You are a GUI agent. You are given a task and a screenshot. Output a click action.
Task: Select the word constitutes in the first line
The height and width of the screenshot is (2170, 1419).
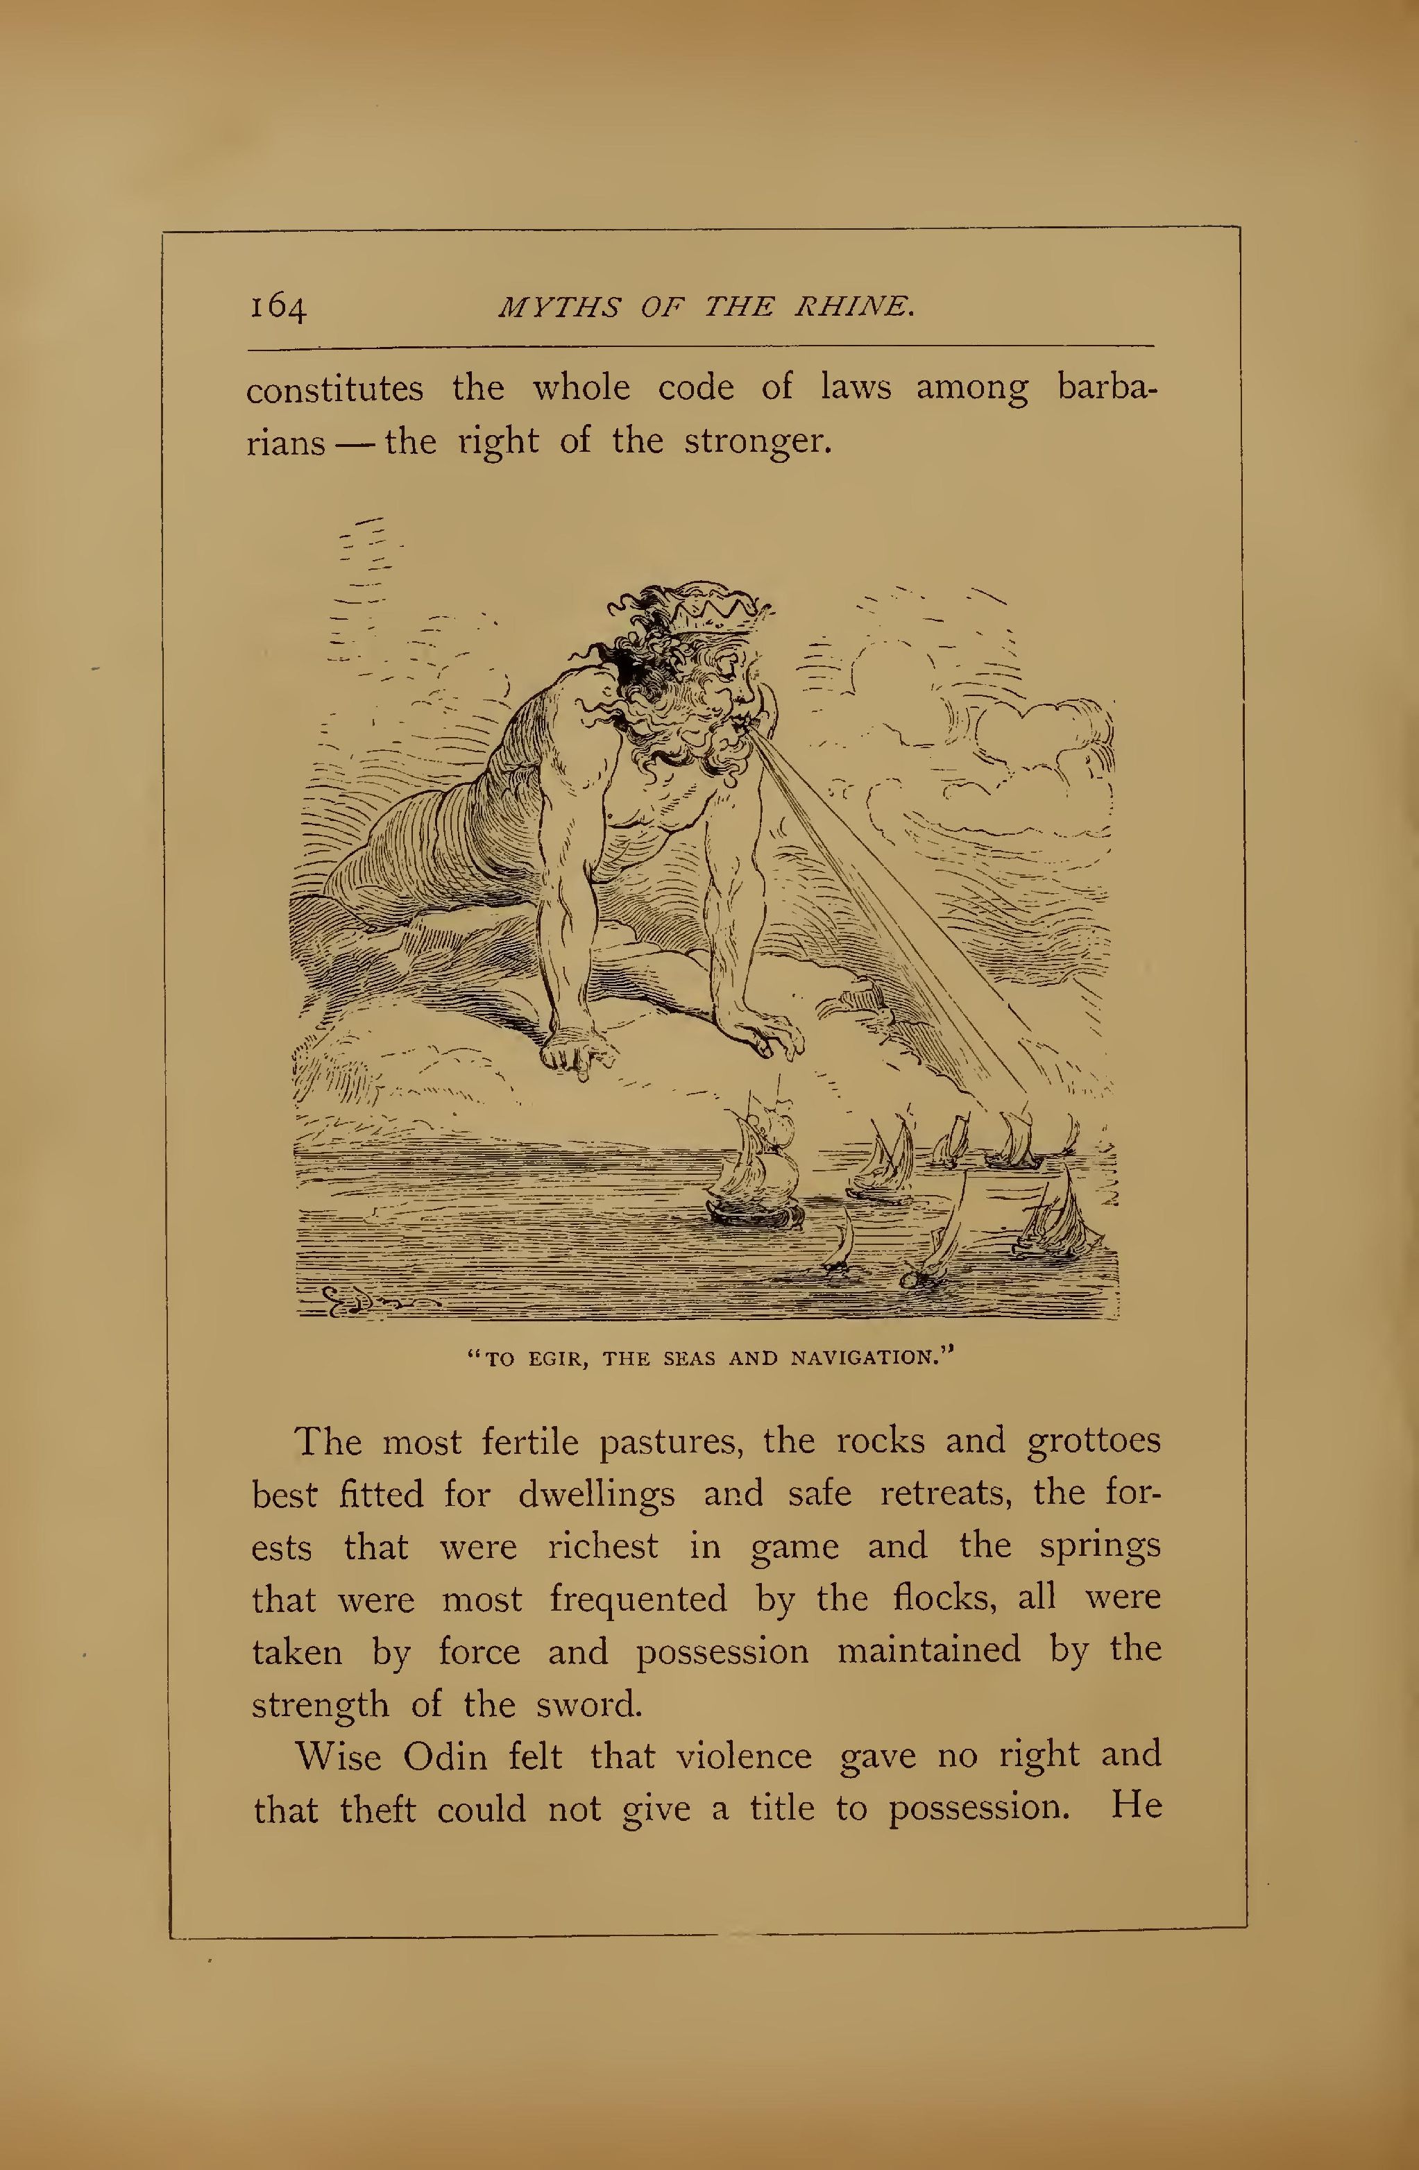(x=334, y=390)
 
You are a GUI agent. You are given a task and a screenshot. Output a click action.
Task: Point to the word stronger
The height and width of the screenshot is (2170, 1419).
(x=758, y=442)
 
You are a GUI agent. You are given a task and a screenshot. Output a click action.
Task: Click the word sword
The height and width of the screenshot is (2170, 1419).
(x=588, y=1704)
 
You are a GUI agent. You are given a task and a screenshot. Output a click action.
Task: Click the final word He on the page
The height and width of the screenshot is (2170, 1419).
(x=1137, y=1807)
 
